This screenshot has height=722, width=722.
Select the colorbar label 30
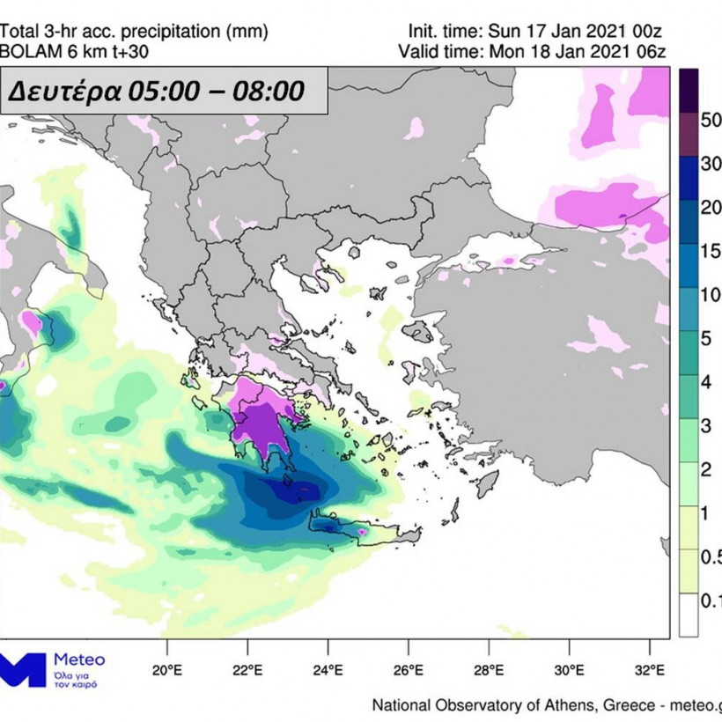711,164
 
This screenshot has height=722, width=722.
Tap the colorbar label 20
711,208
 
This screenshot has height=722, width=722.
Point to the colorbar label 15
711,251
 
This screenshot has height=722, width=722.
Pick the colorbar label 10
711,295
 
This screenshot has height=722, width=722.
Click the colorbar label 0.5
711,556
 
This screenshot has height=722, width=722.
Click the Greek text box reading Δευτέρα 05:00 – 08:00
165,90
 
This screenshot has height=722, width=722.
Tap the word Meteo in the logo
79,659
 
